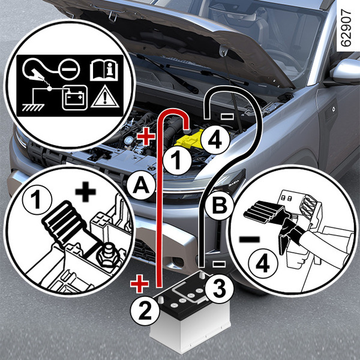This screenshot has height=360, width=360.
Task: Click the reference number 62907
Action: pos(346,28)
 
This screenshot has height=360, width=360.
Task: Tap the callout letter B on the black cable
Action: pos(219,205)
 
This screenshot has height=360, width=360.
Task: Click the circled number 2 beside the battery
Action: pos(145,311)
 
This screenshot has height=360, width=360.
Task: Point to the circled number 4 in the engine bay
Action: pos(215,140)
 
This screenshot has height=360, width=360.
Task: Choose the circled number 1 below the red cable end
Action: pos(177,160)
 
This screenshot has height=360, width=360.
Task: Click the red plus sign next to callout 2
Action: pos(139,284)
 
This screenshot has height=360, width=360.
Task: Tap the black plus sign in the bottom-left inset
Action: pos(85,192)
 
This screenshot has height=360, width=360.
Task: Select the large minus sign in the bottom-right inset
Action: pos(250,239)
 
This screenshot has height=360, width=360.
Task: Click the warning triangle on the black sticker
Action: pos(105,97)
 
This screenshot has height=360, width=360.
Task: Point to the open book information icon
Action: pos(104,70)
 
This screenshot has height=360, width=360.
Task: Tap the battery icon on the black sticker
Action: pos(74,98)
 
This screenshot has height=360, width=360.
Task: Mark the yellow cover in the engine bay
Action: pos(190,140)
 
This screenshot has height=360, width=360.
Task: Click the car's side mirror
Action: pos(346,71)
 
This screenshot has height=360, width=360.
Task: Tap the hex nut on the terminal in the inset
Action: pos(108,256)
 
